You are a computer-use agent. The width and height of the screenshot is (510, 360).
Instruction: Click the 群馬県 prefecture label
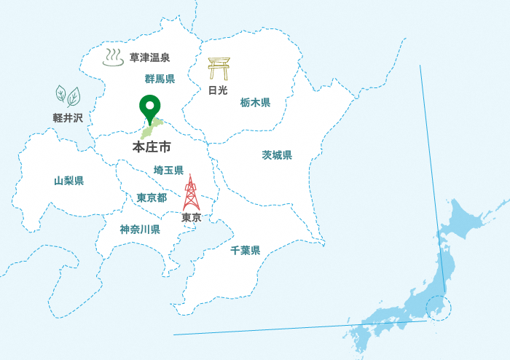[160, 79]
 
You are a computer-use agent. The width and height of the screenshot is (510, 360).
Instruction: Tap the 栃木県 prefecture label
[255, 103]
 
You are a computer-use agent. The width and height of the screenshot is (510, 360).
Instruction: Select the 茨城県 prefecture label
[277, 155]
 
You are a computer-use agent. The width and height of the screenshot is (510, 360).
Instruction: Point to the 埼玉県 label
[168, 171]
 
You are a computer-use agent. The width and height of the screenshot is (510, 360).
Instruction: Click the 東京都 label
[152, 197]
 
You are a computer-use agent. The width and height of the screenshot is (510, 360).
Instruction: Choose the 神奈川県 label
[140, 230]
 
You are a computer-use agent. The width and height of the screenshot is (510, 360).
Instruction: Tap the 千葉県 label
[245, 251]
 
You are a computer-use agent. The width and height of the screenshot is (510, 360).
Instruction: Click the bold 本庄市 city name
[152, 147]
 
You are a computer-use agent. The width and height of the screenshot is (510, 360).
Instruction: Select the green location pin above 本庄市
[150, 108]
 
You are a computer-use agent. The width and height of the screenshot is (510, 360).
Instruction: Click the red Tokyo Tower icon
[191, 192]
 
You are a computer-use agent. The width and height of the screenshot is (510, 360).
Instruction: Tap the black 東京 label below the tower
[192, 217]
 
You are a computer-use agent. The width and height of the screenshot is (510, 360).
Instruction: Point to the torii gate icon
[218, 69]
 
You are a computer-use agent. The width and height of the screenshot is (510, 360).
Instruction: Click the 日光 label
[218, 90]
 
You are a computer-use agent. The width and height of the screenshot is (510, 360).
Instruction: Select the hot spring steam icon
[113, 57]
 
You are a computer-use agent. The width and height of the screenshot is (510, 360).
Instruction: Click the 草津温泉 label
[149, 58]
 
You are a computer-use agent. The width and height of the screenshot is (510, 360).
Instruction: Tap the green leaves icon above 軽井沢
[68, 95]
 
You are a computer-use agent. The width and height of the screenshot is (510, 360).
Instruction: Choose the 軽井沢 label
[68, 117]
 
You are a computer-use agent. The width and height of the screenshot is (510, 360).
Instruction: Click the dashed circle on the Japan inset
[439, 307]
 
